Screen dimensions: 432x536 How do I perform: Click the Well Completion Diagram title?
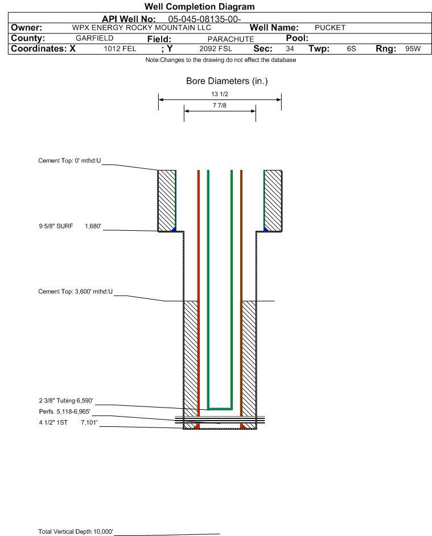pos(200,6)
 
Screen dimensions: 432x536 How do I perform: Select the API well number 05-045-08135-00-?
pos(204,19)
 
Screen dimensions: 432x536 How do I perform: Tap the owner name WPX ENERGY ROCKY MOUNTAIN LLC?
pos(141,28)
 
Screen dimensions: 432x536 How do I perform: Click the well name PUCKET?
pos(330,28)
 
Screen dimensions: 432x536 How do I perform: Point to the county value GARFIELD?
pos(94,38)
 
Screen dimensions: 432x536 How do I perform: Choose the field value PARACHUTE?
pos(231,39)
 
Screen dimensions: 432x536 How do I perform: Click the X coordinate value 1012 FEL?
pos(120,48)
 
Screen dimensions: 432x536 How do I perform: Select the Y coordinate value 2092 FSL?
pos(216,48)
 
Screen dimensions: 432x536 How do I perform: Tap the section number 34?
pos(290,48)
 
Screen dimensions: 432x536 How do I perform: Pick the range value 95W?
pos(413,48)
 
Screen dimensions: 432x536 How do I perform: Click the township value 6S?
pos(351,48)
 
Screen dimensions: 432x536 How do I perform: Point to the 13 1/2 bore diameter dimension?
pos(220,94)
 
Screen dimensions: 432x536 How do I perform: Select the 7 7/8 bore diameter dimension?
pos(220,105)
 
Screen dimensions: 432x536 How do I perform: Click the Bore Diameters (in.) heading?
pos(227,81)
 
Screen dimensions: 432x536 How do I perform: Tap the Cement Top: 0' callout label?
pos(69,161)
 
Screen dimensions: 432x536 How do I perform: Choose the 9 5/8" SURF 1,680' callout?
pos(70,226)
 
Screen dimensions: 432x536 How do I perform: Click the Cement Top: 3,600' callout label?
pos(75,292)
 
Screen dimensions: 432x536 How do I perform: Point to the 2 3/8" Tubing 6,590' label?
pos(65,401)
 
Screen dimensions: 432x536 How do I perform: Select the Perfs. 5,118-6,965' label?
pos(65,412)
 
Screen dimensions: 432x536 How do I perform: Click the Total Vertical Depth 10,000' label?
pos(76,531)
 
